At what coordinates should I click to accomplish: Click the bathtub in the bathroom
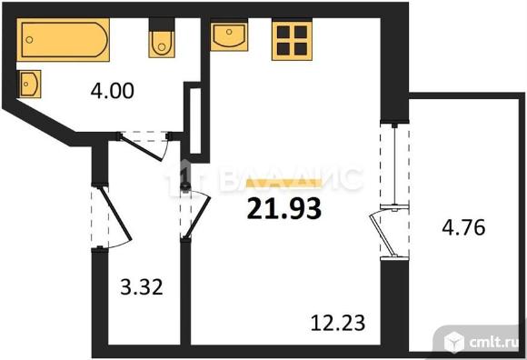(x=64, y=40)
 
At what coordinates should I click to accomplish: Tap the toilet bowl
(x=162, y=44)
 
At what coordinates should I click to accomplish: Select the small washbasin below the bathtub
(x=30, y=84)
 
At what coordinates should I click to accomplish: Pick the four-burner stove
(x=292, y=41)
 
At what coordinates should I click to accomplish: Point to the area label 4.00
(x=113, y=91)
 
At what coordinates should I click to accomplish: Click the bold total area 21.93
(x=284, y=208)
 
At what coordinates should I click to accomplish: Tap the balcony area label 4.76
(x=463, y=227)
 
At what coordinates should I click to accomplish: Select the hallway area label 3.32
(x=142, y=287)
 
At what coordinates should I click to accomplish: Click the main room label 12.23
(x=338, y=323)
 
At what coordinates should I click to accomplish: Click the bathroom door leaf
(x=142, y=147)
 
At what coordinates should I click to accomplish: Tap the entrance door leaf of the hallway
(x=114, y=213)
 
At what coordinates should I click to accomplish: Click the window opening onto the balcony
(x=394, y=165)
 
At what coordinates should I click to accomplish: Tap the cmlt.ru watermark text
(x=493, y=342)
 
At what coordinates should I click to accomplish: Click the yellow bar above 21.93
(x=284, y=183)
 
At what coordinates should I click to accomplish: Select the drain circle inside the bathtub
(x=30, y=40)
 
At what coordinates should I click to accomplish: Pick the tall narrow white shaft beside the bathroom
(x=195, y=121)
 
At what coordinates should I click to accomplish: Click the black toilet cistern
(x=162, y=25)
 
